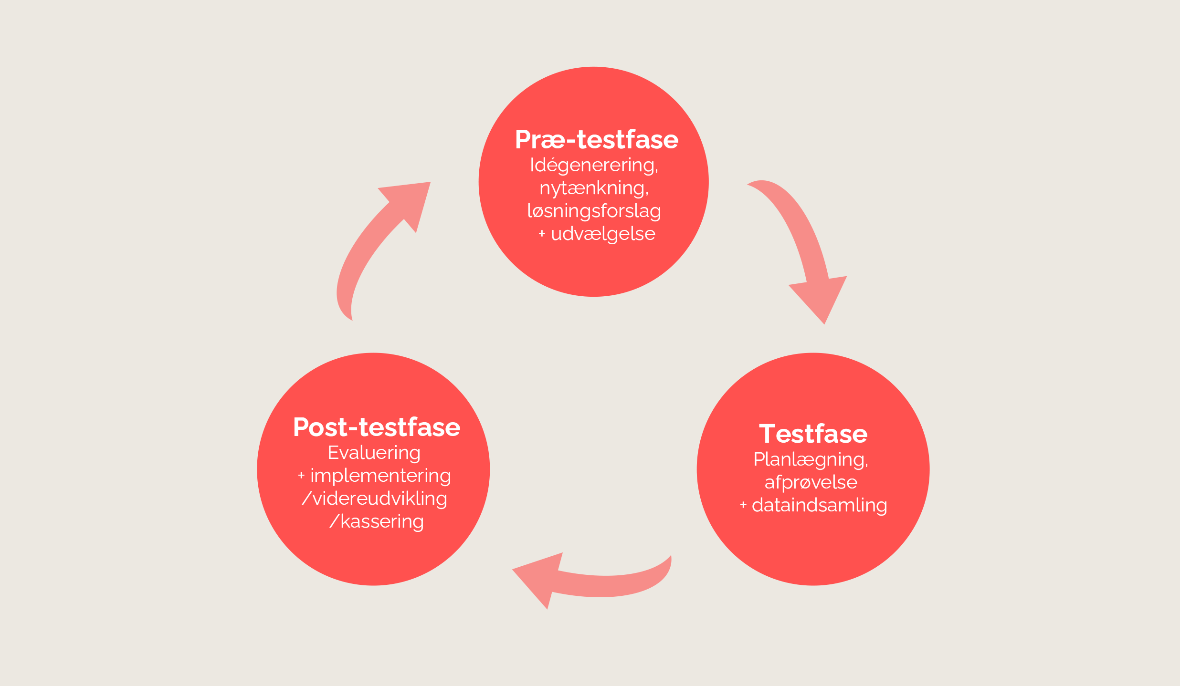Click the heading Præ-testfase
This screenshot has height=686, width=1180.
point(596,140)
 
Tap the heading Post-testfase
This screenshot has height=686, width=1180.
point(377,427)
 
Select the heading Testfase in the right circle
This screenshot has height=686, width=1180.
point(813,434)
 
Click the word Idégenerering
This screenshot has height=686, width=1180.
point(593,166)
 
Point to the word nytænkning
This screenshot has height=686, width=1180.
point(593,188)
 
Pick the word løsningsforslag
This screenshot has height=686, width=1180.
point(594,211)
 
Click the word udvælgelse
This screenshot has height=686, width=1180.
point(603,234)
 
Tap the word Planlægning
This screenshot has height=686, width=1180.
point(810,459)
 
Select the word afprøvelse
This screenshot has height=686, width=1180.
point(811,482)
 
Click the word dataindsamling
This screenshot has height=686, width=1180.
point(819,505)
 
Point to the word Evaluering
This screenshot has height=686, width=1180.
point(374,453)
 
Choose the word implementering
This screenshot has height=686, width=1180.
point(380,476)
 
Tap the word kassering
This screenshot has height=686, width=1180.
point(381,521)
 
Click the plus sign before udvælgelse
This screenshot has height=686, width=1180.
point(542,234)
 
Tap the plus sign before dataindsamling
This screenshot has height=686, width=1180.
point(743,505)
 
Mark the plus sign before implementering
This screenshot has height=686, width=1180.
point(301,476)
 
